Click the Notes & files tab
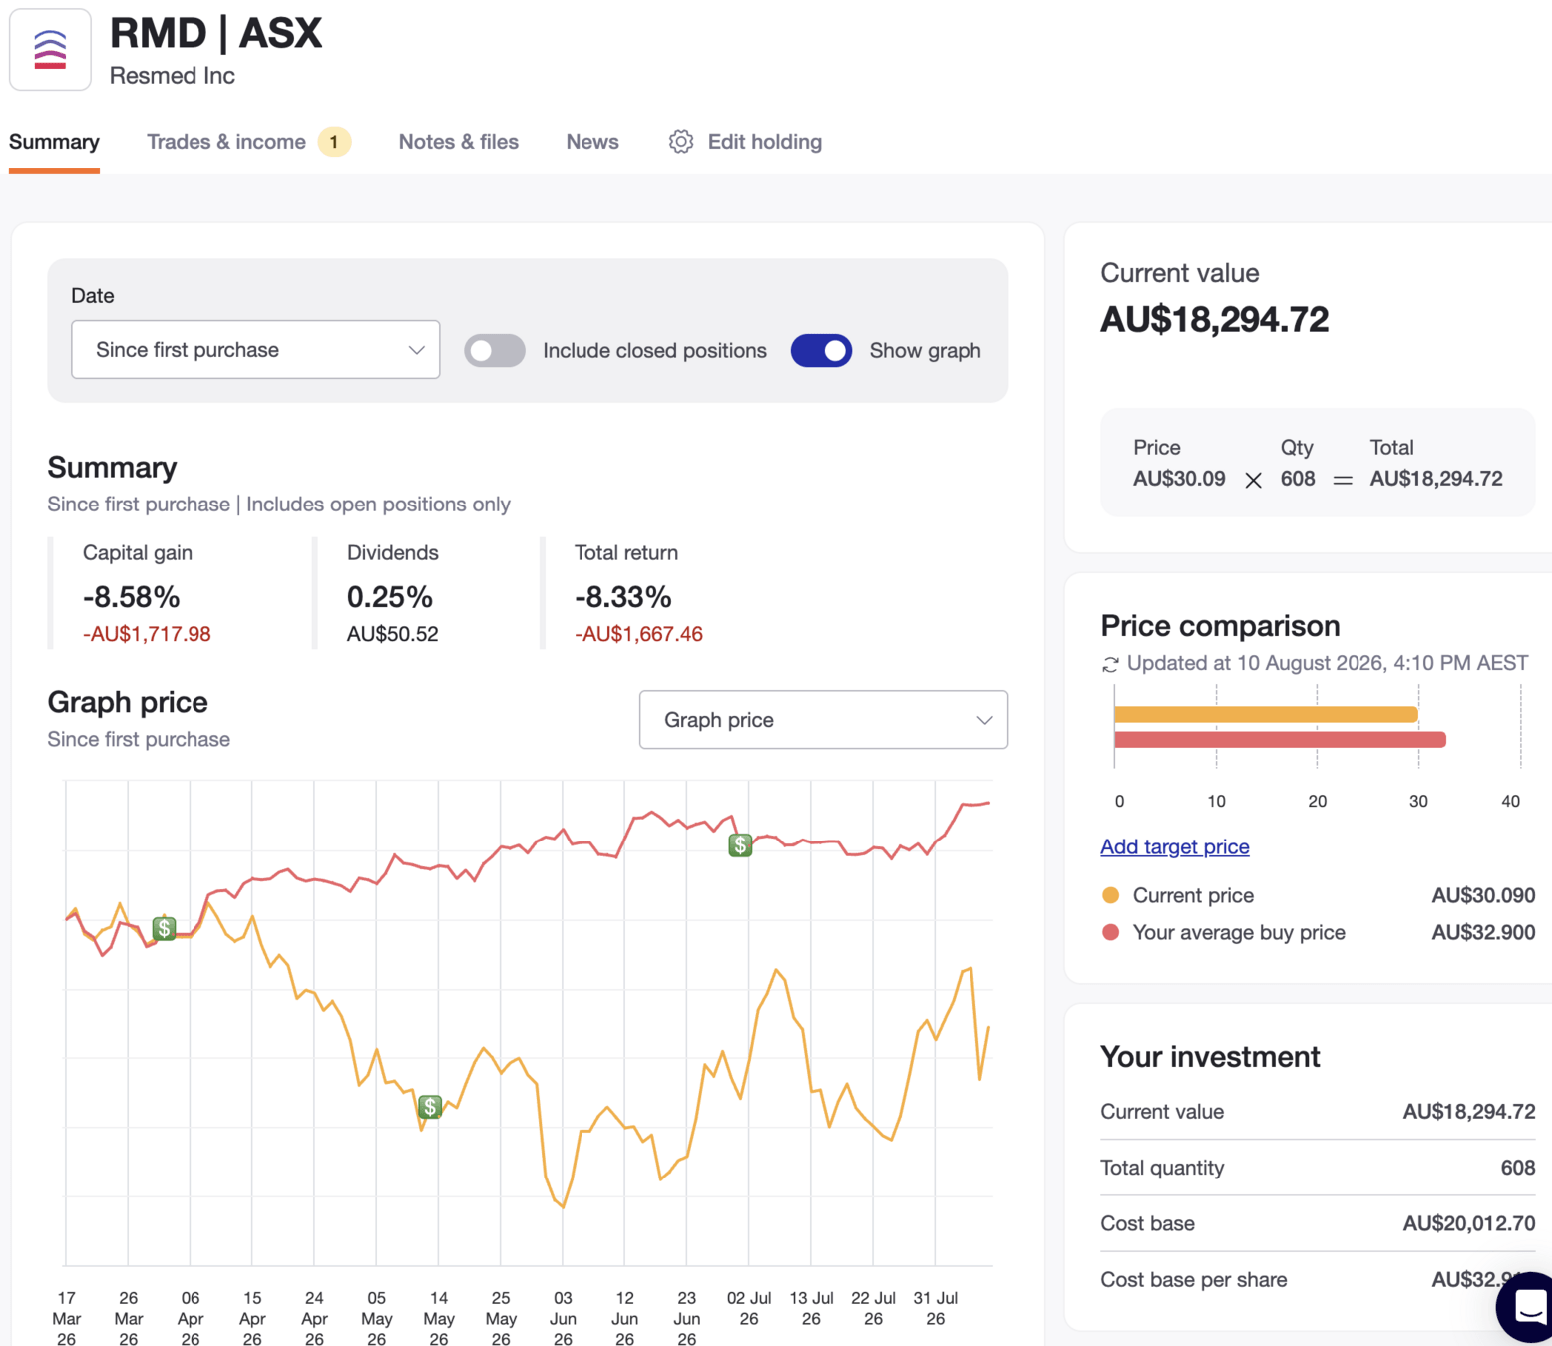click(458, 141)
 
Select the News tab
click(592, 141)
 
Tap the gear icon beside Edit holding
click(681, 141)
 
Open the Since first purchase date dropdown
click(255, 350)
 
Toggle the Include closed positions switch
click(495, 350)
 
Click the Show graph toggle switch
click(821, 350)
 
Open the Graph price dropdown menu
click(823, 720)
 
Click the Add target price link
click(1174, 846)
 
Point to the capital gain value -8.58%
click(132, 597)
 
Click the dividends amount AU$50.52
click(392, 634)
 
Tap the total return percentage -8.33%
click(622, 597)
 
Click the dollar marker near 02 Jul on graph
click(740, 844)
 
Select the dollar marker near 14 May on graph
click(430, 1107)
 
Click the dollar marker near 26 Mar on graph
click(164, 928)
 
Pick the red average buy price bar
click(1280, 740)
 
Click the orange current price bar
click(1266, 714)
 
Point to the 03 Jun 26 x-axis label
click(563, 1319)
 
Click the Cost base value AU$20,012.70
click(1468, 1223)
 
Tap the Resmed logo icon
click(50, 50)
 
